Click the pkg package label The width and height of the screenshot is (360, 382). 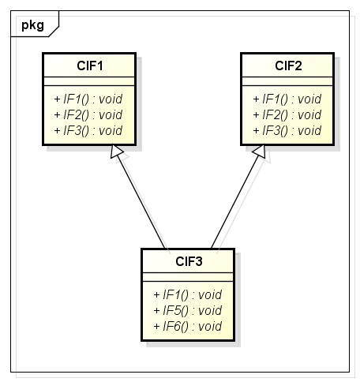[x=32, y=25]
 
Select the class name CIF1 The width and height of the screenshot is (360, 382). [x=90, y=66]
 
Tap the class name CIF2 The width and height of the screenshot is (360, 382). [x=288, y=66]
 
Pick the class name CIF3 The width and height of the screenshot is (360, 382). [x=189, y=261]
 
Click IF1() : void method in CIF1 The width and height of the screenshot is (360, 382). [x=88, y=99]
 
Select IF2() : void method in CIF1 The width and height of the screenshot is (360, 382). [x=88, y=114]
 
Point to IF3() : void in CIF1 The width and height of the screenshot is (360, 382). [x=88, y=130]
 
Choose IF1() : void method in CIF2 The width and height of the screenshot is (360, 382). [x=287, y=99]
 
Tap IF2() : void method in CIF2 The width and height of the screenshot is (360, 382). [x=287, y=114]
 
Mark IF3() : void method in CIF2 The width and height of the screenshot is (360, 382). [x=287, y=130]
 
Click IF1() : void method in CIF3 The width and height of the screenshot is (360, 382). [x=188, y=294]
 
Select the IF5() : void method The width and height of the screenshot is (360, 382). [x=188, y=310]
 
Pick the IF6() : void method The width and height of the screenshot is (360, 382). [x=188, y=326]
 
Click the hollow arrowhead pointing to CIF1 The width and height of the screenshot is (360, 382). [x=116, y=151]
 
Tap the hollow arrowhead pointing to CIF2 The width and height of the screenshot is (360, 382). [x=260, y=151]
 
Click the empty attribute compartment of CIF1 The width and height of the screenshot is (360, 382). [x=89, y=81]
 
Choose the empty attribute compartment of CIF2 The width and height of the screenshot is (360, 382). [x=287, y=81]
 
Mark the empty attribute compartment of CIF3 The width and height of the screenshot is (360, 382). [x=188, y=277]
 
